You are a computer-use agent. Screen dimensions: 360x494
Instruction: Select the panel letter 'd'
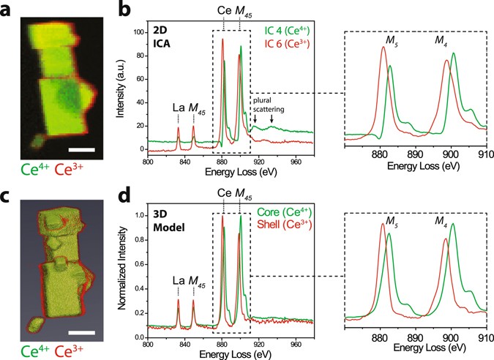click(126, 195)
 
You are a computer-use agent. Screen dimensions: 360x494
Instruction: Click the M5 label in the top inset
click(383, 39)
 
